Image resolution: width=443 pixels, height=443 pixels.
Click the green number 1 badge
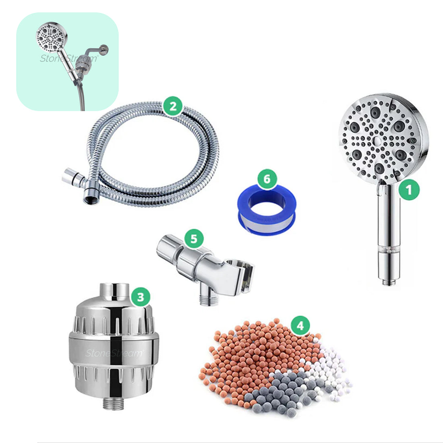[x=409, y=190]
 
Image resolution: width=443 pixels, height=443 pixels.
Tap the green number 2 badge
[x=172, y=106]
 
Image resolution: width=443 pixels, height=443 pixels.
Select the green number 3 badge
[x=140, y=298]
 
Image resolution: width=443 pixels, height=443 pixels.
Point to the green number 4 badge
[x=300, y=325]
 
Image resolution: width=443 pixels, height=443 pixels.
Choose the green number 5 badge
[x=194, y=239]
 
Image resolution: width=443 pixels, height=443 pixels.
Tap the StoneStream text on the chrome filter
[x=114, y=353]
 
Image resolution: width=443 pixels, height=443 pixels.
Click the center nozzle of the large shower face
[x=377, y=141]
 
